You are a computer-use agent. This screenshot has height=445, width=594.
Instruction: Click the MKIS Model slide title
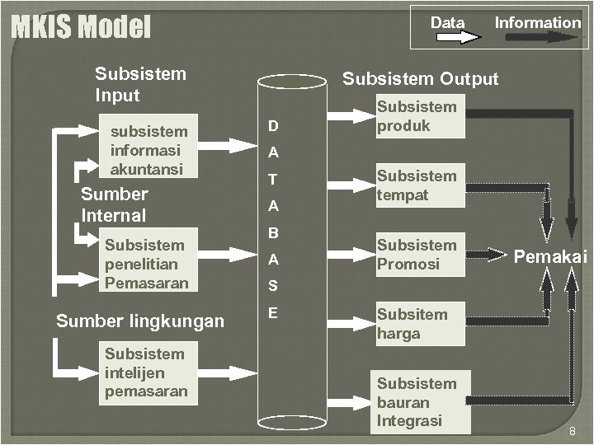pyautogui.click(x=81, y=28)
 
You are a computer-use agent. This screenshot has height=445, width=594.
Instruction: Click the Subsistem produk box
pyautogui.click(x=418, y=116)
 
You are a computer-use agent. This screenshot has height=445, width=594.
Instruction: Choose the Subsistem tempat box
pyautogui.click(x=418, y=185)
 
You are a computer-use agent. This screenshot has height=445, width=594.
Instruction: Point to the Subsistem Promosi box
pyautogui.click(x=418, y=255)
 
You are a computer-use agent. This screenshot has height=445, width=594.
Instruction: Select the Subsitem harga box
pyautogui.click(x=418, y=324)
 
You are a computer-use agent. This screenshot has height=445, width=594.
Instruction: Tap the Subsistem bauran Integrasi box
pyautogui.click(x=422, y=402)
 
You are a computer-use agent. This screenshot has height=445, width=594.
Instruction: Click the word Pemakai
pyautogui.click(x=550, y=257)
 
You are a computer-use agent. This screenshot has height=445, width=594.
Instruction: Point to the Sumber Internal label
pyautogui.click(x=114, y=205)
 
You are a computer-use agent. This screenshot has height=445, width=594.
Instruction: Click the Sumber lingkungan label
pyautogui.click(x=139, y=321)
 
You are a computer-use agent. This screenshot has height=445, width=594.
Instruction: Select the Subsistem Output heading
pyautogui.click(x=420, y=79)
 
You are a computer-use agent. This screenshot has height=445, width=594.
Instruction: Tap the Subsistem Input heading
pyautogui.click(x=140, y=84)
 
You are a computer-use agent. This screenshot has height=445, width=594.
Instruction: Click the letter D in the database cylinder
pyautogui.click(x=272, y=126)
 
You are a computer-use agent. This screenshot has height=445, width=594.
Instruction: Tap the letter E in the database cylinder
pyautogui.click(x=272, y=313)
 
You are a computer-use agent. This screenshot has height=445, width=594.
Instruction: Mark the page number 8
pyautogui.click(x=572, y=432)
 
